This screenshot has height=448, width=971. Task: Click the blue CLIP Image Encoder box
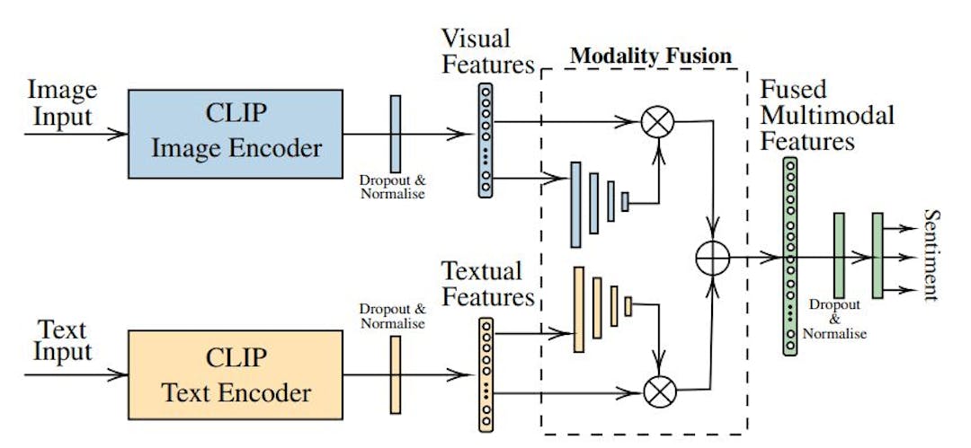pyautogui.click(x=236, y=134)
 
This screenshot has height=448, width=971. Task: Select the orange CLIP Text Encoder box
pyautogui.click(x=236, y=375)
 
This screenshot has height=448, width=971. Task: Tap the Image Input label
pyautogui.click(x=62, y=102)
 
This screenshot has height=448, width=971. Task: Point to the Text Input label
pyautogui.click(x=64, y=338)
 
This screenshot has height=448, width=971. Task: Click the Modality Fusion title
pyautogui.click(x=651, y=56)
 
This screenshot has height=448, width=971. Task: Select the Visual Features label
pyautogui.click(x=487, y=51)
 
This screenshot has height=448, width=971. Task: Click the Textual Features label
pyautogui.click(x=487, y=284)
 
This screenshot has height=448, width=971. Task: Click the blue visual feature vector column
pyautogui.click(x=485, y=139)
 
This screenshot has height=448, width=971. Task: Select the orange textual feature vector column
pyautogui.click(x=485, y=372)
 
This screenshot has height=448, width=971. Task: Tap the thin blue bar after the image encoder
pyautogui.click(x=395, y=134)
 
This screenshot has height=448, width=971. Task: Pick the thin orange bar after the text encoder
pyautogui.click(x=395, y=375)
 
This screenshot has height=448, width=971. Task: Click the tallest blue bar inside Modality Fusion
pyautogui.click(x=575, y=205)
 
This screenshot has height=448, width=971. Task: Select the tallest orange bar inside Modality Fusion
pyautogui.click(x=578, y=309)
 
